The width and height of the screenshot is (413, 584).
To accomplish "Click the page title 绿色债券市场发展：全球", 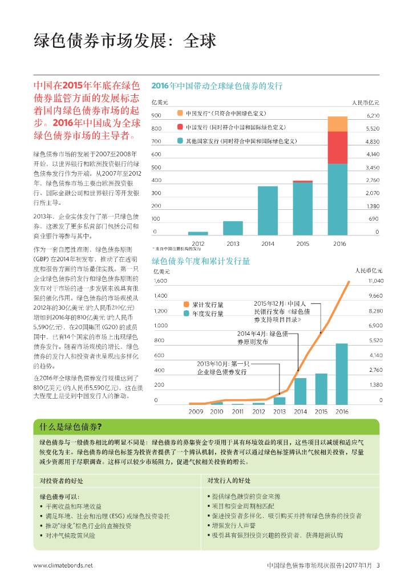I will click(125, 42).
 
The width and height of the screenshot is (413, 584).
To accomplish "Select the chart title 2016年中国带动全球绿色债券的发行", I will click(217, 86).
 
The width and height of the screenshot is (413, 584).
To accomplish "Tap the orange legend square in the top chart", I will click(180, 113).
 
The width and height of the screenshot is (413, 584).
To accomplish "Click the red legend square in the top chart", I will click(180, 127).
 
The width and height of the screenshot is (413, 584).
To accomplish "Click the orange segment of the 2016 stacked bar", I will click(337, 124).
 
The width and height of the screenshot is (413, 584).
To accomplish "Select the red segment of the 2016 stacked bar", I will click(337, 147).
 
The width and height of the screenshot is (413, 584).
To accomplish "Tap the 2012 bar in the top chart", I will click(198, 233).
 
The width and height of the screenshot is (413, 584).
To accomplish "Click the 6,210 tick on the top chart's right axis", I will click(372, 116).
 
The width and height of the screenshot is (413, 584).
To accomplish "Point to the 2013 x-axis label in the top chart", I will click(233, 244).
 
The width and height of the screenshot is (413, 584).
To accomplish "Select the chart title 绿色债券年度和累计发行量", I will click(201, 261).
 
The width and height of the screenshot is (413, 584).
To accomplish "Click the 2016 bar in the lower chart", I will click(342, 374).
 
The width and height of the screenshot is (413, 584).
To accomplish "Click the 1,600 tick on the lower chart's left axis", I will click(160, 281).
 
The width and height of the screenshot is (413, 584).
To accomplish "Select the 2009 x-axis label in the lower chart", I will click(196, 411).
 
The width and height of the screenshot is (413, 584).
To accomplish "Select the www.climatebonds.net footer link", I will click(63, 566).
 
